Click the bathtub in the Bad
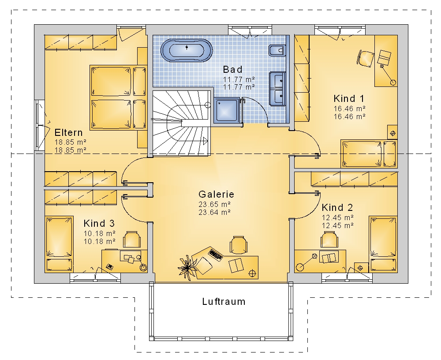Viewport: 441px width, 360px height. pos(187,51)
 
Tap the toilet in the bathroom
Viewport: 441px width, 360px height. pos(277,51)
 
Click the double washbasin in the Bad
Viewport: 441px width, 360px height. pos(277,89)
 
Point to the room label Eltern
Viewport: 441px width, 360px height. pos(69,132)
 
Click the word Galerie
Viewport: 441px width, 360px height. pos(216,194)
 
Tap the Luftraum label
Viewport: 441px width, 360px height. pos(224,301)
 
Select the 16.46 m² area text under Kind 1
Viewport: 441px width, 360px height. pos(350,109)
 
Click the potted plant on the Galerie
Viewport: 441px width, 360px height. pos(187,268)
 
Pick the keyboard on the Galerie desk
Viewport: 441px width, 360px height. pos(216,255)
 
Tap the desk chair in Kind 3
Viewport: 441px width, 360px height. pos(132,240)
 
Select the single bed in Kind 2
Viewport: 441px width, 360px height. pos(383,244)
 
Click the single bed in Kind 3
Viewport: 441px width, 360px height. pos(59,244)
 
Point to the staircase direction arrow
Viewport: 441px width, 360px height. pos(205,141)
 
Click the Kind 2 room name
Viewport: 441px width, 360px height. pos(337,207)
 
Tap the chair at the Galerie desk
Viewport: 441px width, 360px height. pos(239,244)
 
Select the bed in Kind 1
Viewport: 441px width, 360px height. pos(369,154)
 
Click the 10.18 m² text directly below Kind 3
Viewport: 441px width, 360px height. pos(100,233)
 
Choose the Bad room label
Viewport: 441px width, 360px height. pos(232,69)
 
